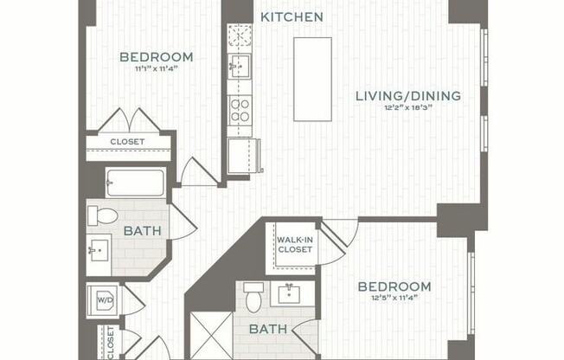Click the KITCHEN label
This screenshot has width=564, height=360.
coord(292,16)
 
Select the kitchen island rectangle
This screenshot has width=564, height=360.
coord(312,79)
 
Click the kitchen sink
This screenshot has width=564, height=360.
coord(239,64)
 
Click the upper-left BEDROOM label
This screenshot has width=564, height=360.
coord(157,58)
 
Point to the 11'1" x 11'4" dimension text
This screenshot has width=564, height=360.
coord(157,70)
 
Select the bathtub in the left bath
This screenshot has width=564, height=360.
coord(135,183)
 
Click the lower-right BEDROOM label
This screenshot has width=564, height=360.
coord(394,286)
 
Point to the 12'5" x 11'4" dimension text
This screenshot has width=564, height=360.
coord(394,299)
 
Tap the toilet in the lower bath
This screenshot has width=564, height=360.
coord(253,297)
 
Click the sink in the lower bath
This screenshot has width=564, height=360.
coord(287,293)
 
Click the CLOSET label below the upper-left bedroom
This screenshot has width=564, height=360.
coord(127,142)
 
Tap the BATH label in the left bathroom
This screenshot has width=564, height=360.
coord(140,231)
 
